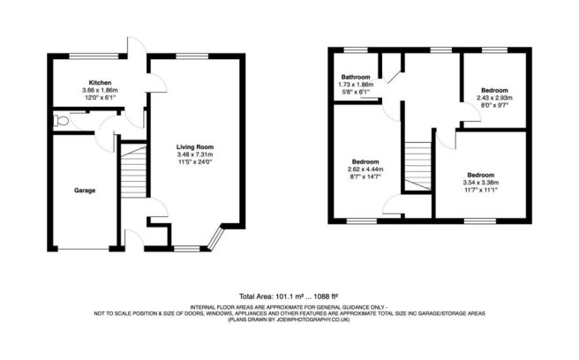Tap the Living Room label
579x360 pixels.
[x=194, y=147]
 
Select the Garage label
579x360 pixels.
[x=84, y=190]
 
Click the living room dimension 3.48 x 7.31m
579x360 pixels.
[x=194, y=155]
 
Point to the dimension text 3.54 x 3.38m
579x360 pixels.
[x=481, y=183]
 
